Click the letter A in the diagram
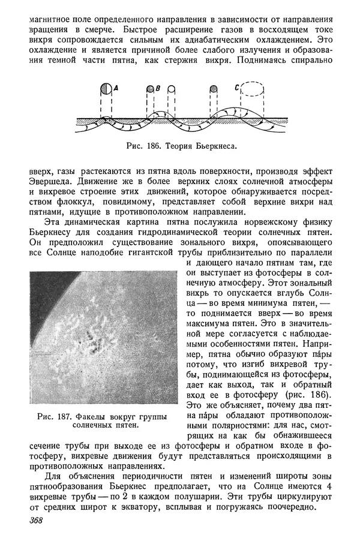pos(116,88)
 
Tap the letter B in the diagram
pos(157,89)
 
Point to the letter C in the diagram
pos(238,88)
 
